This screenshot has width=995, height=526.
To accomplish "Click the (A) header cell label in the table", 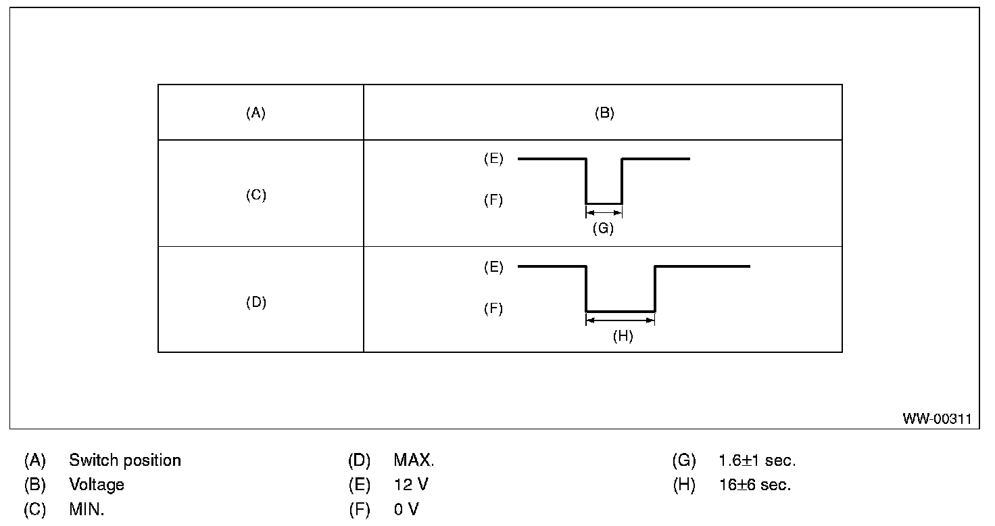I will click(x=256, y=114).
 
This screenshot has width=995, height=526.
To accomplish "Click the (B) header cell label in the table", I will click(x=604, y=114).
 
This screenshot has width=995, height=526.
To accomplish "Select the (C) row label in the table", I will click(x=256, y=195).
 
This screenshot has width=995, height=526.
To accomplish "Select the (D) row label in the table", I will click(x=256, y=302).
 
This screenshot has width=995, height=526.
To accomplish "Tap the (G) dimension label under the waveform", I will click(x=602, y=229).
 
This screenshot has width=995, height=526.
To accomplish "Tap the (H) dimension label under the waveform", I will click(x=623, y=336).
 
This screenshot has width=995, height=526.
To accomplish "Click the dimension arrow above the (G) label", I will click(x=604, y=212).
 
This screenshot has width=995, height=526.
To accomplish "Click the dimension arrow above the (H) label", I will click(x=621, y=320).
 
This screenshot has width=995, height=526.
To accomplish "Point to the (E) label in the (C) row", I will click(x=493, y=159).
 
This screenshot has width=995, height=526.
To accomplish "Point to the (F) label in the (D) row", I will click(x=493, y=309).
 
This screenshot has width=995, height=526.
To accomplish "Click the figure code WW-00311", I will click(x=936, y=419).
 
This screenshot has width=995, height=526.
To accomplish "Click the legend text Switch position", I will click(x=125, y=460).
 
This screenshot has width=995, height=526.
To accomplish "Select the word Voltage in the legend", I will click(x=97, y=485).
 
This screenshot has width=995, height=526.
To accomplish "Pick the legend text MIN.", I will click(x=87, y=509).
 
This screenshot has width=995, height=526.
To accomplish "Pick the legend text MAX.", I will click(x=414, y=460).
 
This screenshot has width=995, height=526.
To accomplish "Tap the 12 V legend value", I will click(x=411, y=485).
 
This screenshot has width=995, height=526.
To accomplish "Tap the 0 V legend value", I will click(x=406, y=509).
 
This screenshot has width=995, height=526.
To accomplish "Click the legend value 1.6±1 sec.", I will click(x=757, y=460).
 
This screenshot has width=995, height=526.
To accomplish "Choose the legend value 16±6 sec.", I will click(x=754, y=485).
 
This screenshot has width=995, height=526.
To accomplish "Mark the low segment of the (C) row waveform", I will click(x=604, y=203).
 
